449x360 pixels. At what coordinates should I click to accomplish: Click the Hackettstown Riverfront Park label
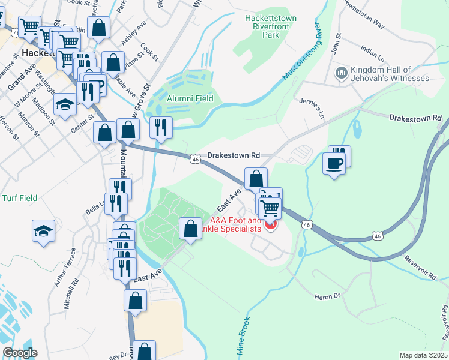coord(271,26)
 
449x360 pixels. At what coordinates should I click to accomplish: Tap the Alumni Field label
coord(190,98)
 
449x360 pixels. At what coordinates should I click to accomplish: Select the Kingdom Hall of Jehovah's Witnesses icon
coord(342,73)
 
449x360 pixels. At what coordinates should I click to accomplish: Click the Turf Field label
coord(20,198)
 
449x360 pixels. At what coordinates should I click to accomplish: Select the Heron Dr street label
coord(327,296)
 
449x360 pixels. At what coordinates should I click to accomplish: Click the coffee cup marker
coord(334,163)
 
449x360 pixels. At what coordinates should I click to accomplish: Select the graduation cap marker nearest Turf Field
coord(44,231)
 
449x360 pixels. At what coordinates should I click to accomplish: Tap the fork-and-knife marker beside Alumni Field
coord(161,127)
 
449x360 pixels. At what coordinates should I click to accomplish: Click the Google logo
coord(20,353)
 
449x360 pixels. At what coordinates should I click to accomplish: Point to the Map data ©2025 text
coord(423,355)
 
